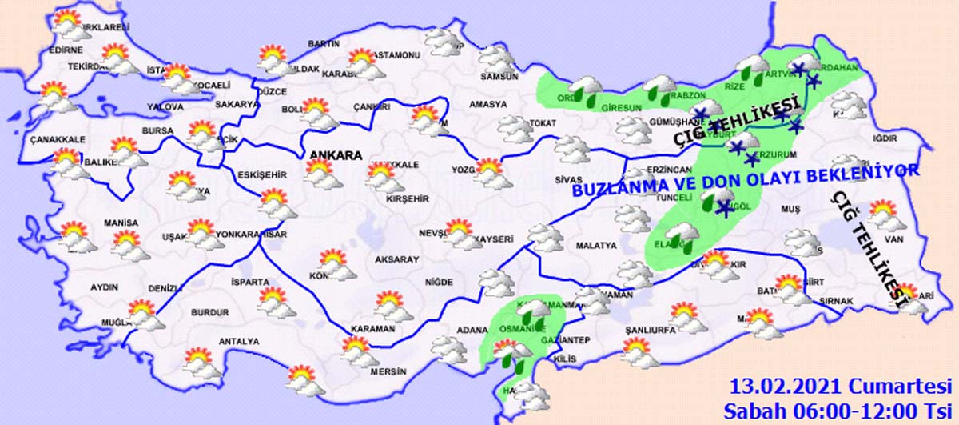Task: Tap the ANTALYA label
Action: (240, 342)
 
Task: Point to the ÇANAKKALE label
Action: (57, 139)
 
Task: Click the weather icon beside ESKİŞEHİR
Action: (275, 202)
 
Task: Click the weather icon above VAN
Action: (883, 215)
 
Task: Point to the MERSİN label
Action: (389, 372)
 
